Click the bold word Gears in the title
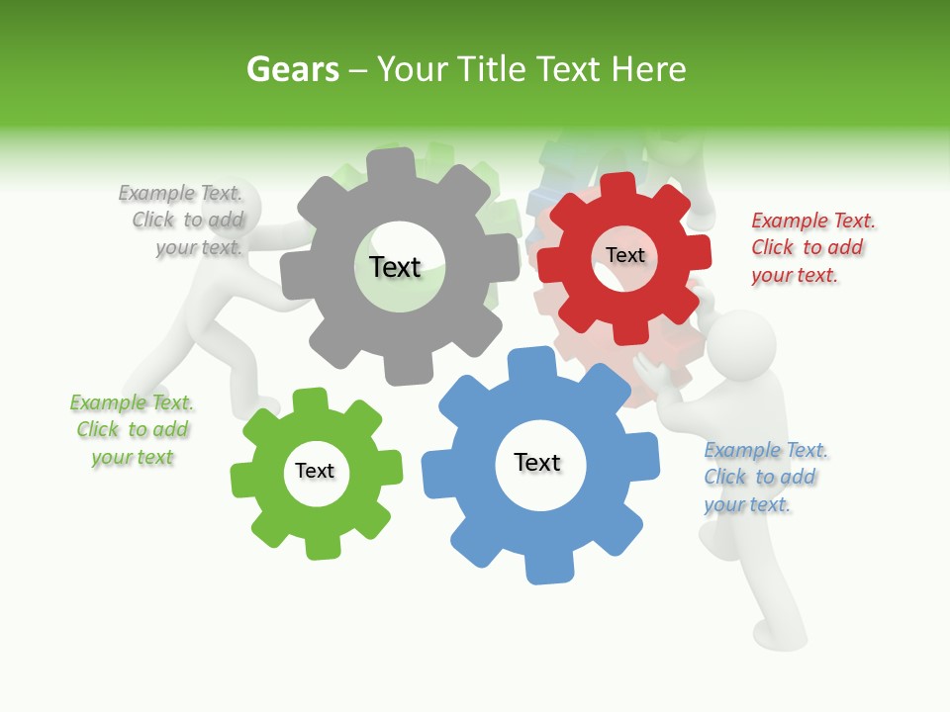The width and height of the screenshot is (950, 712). click(292, 69)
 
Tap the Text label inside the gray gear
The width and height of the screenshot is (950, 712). click(395, 267)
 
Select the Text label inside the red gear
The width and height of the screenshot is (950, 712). click(624, 255)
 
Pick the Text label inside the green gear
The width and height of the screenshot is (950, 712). click(315, 471)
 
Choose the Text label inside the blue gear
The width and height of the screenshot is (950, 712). click(537, 462)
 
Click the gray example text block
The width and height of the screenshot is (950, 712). click(182, 220)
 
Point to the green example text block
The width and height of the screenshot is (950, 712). click(132, 429)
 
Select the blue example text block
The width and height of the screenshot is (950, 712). click(764, 477)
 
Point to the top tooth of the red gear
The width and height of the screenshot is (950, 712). click(617, 186)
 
